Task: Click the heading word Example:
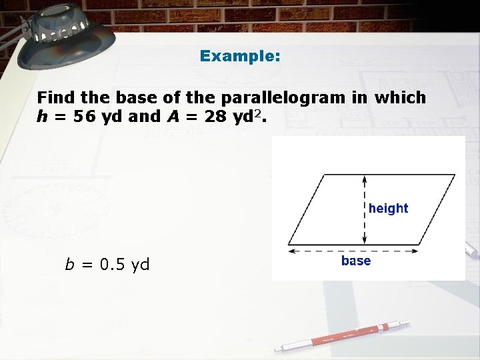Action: coord(240,56)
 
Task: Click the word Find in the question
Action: coord(55,97)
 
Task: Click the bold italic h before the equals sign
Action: coord(42,116)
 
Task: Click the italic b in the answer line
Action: coord(69,265)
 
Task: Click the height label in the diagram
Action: coord(388,208)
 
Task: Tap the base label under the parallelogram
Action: coord(356,261)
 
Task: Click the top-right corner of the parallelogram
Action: coord(455,175)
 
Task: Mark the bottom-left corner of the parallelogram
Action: coord(289,244)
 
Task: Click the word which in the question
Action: coord(400,97)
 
